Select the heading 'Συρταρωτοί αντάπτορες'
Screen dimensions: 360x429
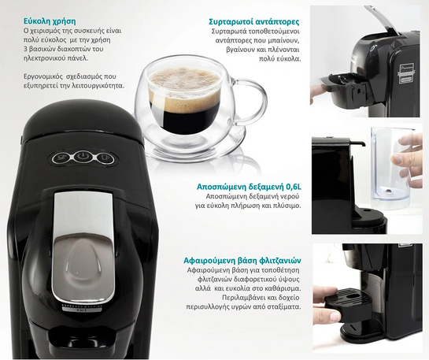point(253,21)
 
